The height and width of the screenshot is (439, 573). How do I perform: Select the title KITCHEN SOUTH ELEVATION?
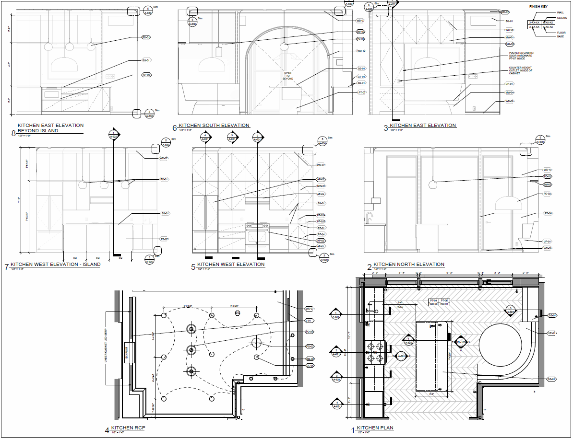click(214, 126)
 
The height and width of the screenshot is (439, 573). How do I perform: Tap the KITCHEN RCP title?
click(128, 428)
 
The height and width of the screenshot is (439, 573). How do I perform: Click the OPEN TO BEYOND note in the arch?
click(288, 76)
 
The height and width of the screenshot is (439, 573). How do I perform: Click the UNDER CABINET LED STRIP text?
click(107, 349)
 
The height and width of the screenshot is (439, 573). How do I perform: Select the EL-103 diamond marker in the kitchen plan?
click(461, 342)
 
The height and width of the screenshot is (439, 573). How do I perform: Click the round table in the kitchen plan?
click(500, 344)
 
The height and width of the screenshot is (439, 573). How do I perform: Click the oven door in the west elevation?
click(258, 236)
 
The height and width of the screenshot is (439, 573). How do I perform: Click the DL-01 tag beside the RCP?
click(310, 366)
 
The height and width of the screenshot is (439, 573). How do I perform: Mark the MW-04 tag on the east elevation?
click(509, 92)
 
